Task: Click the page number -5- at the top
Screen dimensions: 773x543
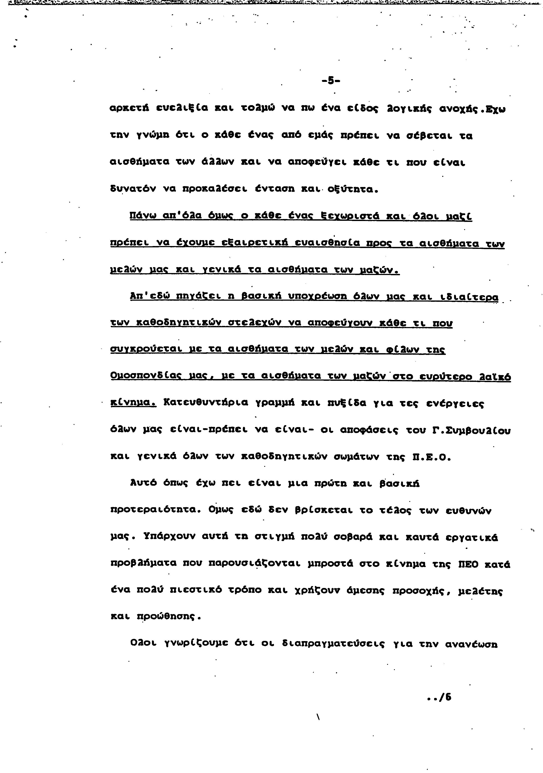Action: (x=331, y=81)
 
